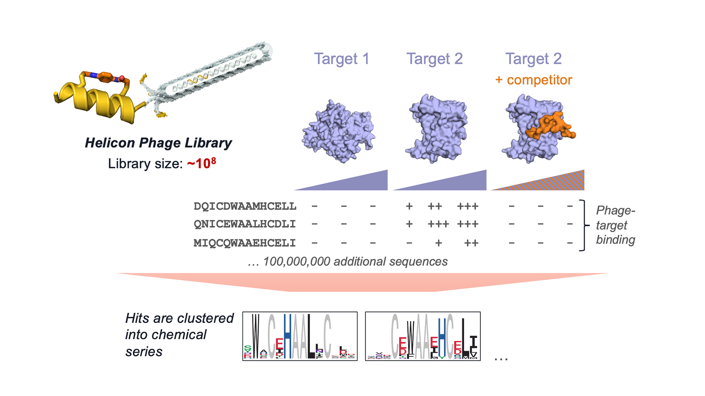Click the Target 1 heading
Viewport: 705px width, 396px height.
point(341,59)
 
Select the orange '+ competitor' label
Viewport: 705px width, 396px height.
point(534,80)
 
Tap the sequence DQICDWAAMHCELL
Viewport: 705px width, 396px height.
point(245,206)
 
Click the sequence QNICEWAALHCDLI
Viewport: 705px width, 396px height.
point(245,224)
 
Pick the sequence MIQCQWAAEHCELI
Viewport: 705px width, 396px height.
point(245,243)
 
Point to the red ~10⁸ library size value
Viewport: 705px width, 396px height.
point(201,164)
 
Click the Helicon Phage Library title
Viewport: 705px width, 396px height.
point(158,143)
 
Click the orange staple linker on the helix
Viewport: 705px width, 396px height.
point(105,77)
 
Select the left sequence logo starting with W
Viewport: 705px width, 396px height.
point(300,336)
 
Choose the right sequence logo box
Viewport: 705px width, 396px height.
point(423,336)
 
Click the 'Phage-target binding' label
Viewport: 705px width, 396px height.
point(615,225)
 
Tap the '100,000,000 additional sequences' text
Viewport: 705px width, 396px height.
point(348,261)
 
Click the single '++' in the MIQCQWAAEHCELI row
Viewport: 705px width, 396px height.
point(471,243)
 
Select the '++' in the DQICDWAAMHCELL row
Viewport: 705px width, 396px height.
point(435,206)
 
